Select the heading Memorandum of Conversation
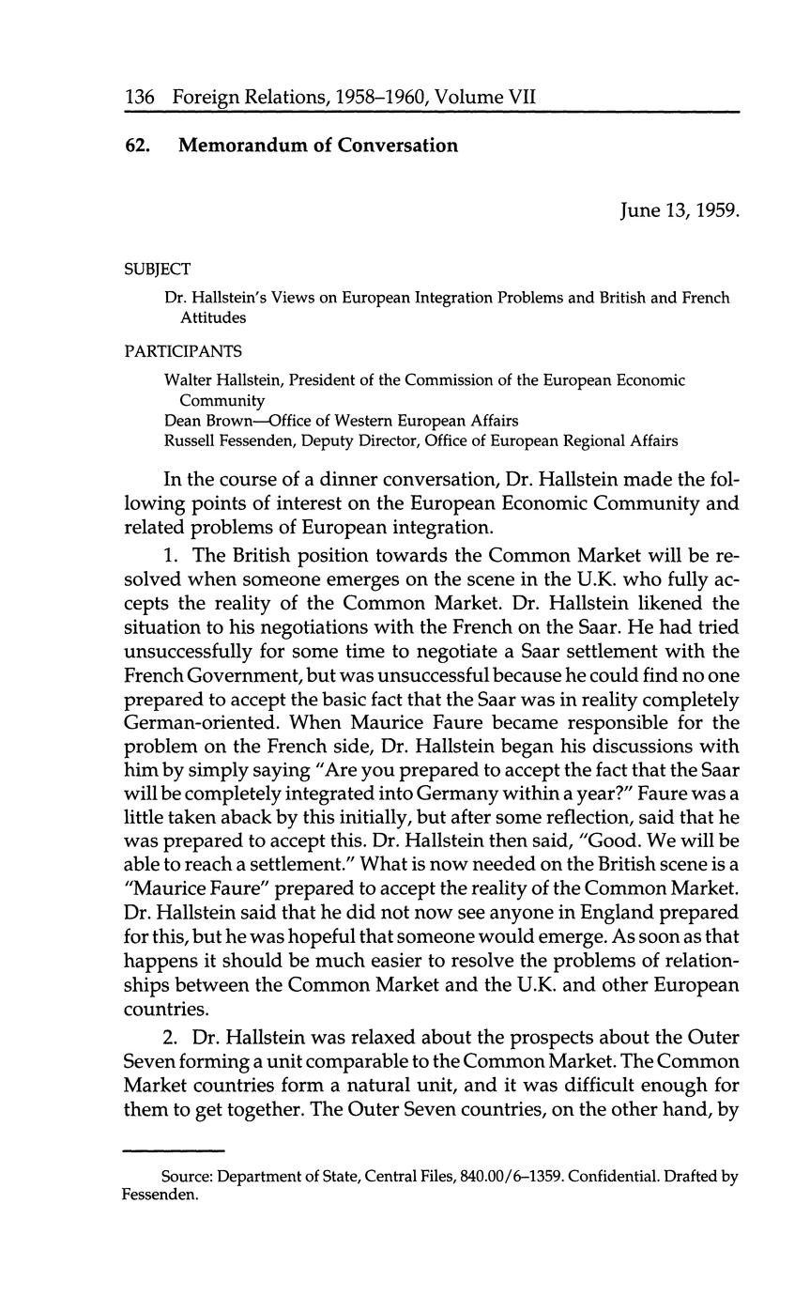pyautogui.click(x=317, y=146)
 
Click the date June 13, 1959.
pyautogui.click(x=680, y=210)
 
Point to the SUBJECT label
pyautogui.click(x=157, y=269)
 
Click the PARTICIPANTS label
pyautogui.click(x=183, y=351)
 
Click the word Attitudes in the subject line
pyautogui.click(x=213, y=317)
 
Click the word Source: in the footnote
pyautogui.click(x=184, y=1177)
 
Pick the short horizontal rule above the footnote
pyautogui.click(x=175, y=1150)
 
